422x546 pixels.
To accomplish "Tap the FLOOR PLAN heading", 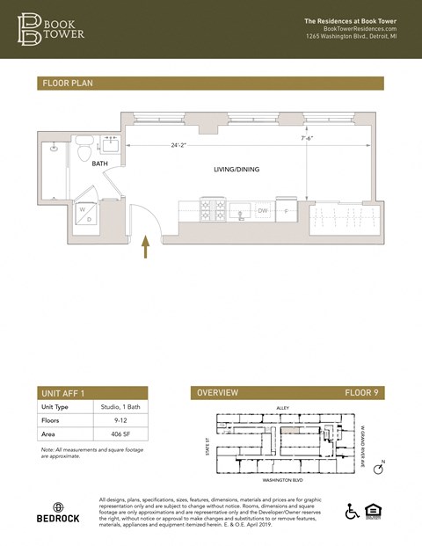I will coord(67,84).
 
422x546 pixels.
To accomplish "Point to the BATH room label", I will coord(101,163).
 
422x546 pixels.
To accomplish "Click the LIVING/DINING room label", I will coord(236,169).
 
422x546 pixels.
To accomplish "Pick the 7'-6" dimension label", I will coord(309,138).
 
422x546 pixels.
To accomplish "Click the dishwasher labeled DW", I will coord(262,210).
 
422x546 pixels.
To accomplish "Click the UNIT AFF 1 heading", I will coord(63,393).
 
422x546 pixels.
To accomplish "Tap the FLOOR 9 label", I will coord(360,393).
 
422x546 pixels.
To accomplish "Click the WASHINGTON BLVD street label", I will coord(284,481).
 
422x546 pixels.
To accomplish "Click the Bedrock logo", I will coord(58,512).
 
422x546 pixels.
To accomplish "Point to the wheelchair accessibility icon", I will coord(353,511).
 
